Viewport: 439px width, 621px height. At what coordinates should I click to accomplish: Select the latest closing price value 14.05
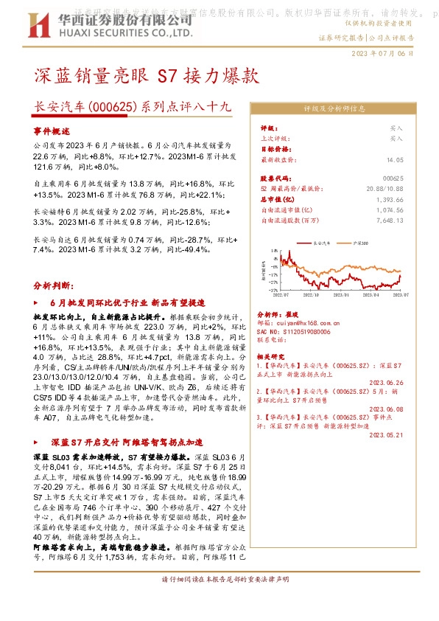coord(395,159)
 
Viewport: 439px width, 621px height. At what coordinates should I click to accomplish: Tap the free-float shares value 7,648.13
coord(388,219)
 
